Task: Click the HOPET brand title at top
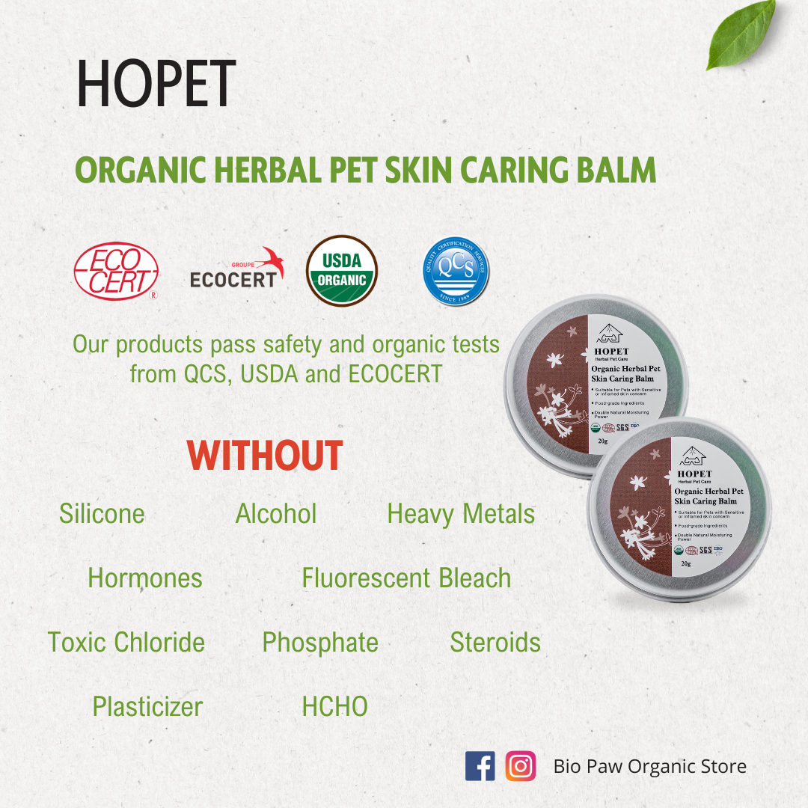(156, 84)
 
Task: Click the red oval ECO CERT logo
(116, 271)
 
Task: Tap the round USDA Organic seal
(342, 271)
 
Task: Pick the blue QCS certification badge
(456, 272)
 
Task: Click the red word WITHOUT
(265, 456)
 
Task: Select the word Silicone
(102, 514)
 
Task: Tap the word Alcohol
(276, 514)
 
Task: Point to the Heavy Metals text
(461, 514)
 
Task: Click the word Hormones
(145, 578)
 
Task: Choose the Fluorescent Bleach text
(406, 578)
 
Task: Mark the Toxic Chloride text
(126, 643)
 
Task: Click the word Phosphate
(320, 643)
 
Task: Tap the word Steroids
(495, 643)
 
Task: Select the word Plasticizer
(147, 707)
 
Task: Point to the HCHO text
(334, 707)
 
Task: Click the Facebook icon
(480, 766)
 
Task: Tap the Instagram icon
(521, 766)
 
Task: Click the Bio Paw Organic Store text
(649, 766)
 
